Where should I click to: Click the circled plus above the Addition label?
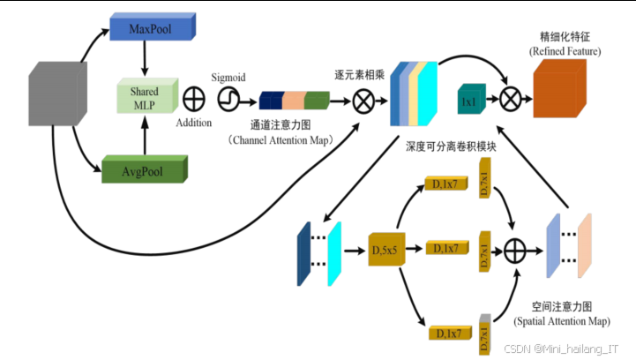192,94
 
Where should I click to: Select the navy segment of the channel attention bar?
270,101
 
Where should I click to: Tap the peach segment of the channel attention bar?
293,101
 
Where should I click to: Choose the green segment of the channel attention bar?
317,101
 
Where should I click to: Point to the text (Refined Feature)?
565,52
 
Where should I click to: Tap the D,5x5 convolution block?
384,251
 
